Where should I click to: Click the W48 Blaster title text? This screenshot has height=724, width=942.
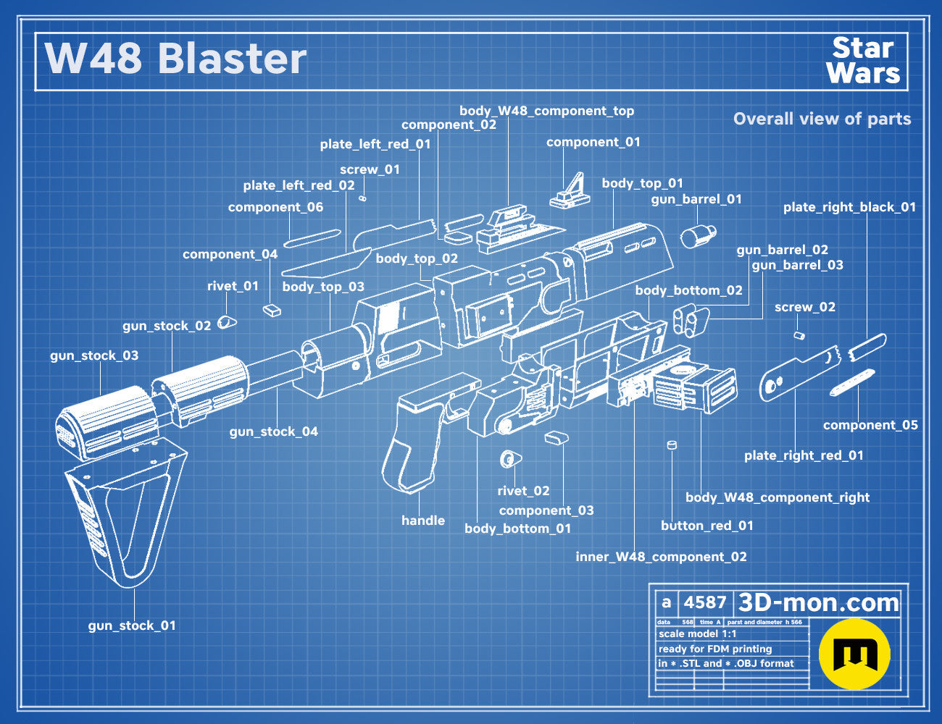[175, 59]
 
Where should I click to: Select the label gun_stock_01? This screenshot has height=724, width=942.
[132, 626]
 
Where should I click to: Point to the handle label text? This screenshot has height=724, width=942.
[423, 520]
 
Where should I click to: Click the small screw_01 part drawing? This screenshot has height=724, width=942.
[363, 198]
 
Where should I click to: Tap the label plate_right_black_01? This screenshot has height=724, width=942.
[849, 207]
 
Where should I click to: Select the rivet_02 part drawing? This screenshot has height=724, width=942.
[510, 459]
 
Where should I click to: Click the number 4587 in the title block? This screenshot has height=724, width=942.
[705, 602]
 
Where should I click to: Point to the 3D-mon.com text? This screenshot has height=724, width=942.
[818, 602]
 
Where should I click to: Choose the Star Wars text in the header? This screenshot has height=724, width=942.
[863, 61]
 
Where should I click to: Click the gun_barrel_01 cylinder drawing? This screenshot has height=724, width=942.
[698, 237]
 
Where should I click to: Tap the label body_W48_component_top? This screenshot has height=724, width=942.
[546, 111]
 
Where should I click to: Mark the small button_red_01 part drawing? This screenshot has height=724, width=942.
[672, 445]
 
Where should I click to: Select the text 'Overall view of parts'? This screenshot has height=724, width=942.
[822, 119]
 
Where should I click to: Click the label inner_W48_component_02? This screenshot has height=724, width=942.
[661, 557]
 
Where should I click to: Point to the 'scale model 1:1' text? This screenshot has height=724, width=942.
[698, 634]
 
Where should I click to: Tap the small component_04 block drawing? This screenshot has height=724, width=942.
[272, 311]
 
